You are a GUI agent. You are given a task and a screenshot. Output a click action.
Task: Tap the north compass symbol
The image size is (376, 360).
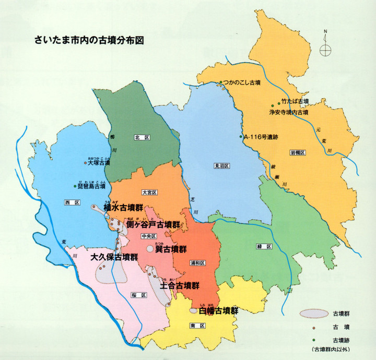[325, 50]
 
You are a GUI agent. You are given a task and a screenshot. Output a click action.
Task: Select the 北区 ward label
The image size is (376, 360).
[143, 138]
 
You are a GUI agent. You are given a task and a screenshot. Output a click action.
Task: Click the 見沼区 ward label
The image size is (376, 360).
[222, 165]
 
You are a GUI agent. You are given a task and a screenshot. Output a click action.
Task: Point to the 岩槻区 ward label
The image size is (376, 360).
[297, 153]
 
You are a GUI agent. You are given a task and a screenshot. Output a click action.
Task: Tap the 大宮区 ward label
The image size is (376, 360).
[150, 193]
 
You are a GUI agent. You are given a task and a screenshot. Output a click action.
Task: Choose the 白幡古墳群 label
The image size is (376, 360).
[219, 310]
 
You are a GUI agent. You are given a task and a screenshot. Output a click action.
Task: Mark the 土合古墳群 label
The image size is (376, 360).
[180, 286]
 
